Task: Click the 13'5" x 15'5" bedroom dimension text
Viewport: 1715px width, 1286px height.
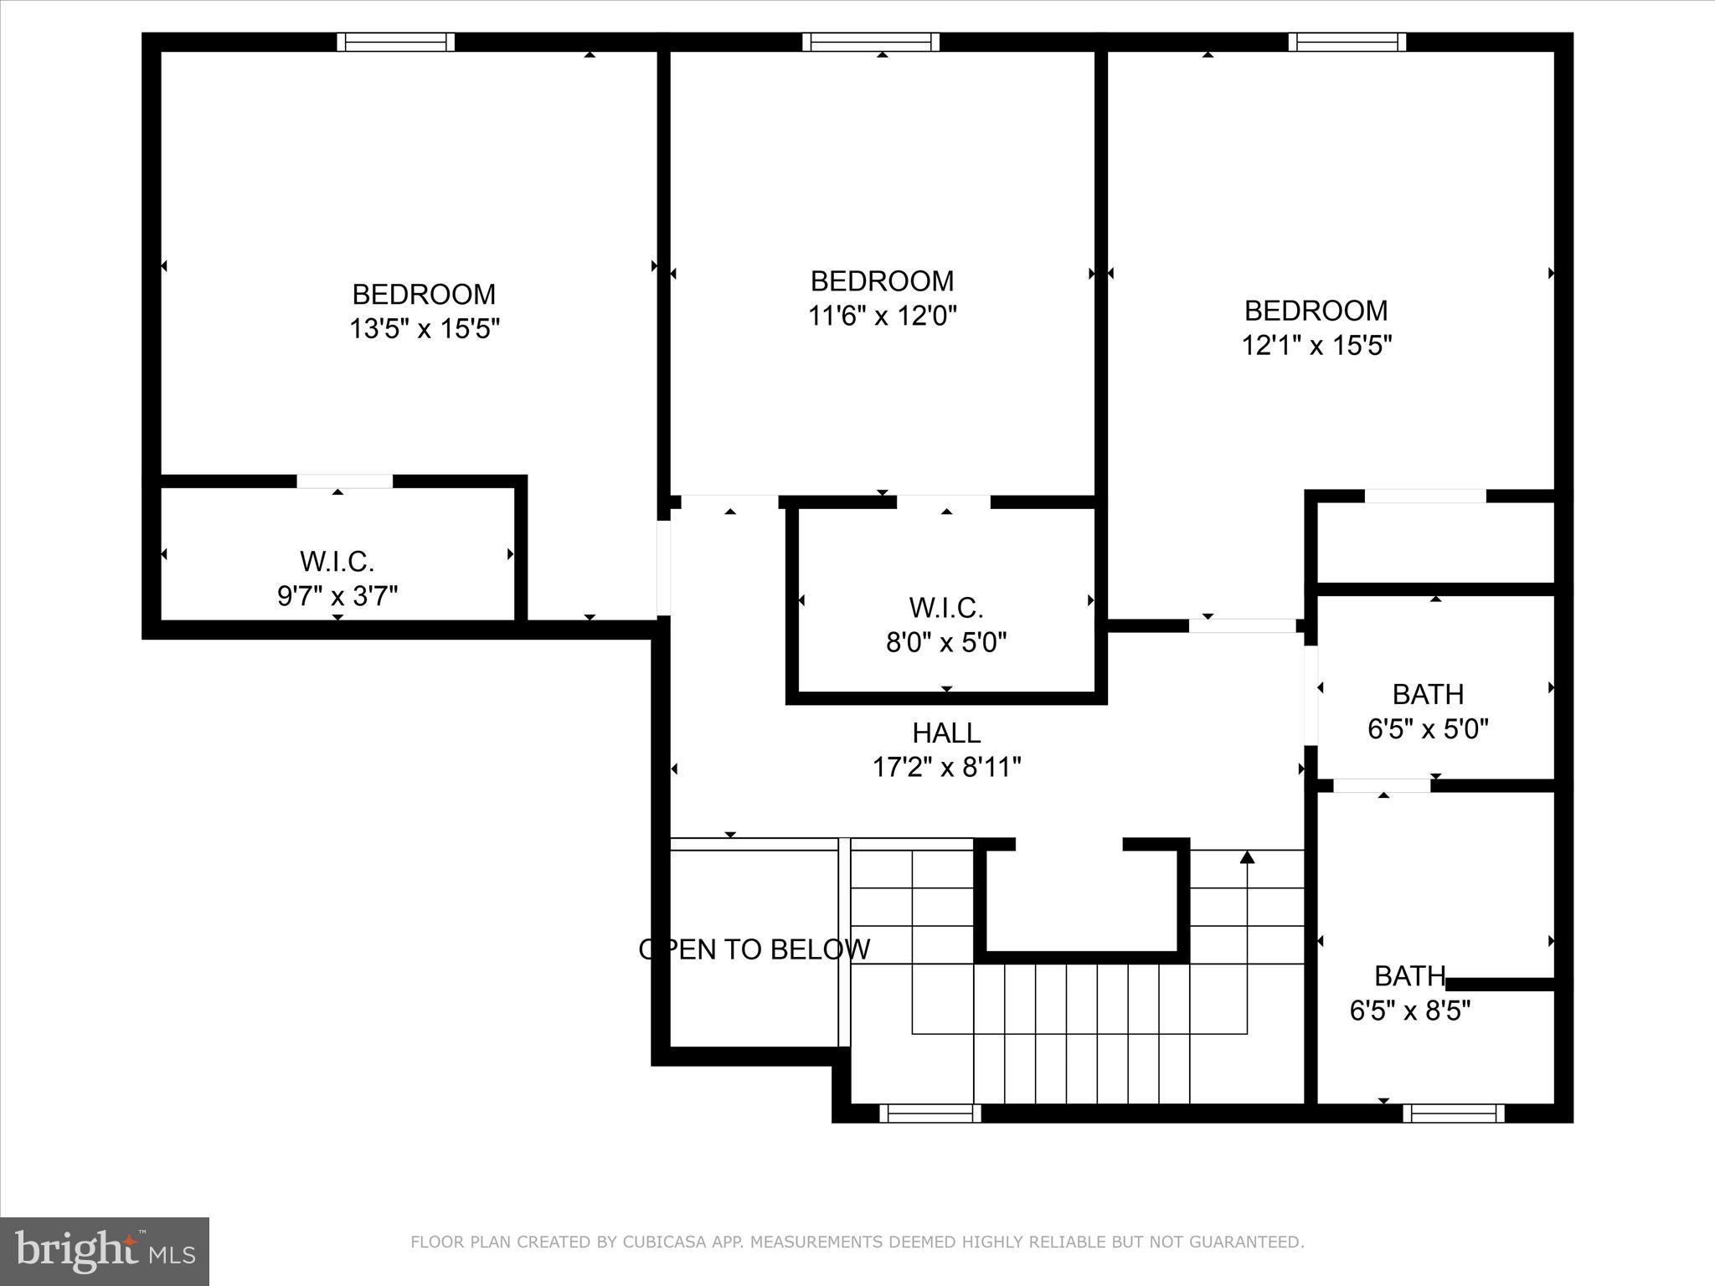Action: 424,329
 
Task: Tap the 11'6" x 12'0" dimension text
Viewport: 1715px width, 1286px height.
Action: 882,316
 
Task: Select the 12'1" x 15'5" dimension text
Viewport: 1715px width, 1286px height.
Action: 1316,345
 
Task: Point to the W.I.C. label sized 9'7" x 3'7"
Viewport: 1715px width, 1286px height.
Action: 337,561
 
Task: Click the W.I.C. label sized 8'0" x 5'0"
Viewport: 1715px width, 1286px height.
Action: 945,607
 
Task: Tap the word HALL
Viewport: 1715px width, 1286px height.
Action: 946,733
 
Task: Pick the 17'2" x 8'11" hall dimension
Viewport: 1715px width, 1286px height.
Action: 946,767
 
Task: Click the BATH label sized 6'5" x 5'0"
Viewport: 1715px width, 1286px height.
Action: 1428,694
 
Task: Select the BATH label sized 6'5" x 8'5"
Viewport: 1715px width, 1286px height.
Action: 1410,975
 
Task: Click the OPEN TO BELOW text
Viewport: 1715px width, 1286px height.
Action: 754,949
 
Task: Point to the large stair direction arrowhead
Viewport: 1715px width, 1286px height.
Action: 1247,856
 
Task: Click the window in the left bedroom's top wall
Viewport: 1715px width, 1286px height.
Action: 396,42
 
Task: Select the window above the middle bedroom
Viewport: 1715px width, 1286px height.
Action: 870,42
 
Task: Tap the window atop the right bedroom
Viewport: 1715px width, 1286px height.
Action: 1347,42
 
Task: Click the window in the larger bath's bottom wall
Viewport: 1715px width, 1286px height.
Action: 1453,1113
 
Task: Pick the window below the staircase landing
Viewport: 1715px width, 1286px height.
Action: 930,1113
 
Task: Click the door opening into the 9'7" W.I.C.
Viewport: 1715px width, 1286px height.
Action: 344,481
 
